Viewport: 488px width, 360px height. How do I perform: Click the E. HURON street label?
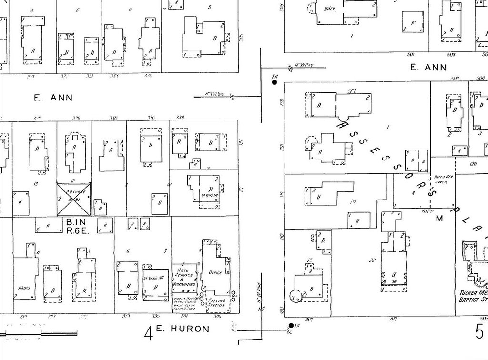point(183,329)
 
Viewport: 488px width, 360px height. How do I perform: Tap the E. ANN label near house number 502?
point(429,68)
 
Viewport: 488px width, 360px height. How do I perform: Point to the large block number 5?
point(479,331)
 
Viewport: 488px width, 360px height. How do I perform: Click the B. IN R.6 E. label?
point(76,226)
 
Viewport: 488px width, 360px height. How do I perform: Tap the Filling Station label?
point(217,303)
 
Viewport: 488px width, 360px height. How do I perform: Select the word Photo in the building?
point(23,288)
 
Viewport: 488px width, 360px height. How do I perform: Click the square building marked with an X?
point(74,199)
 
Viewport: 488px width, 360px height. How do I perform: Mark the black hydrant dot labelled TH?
point(274,82)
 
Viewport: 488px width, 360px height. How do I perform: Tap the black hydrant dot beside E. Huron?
point(290,326)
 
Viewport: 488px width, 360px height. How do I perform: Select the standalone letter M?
point(439,218)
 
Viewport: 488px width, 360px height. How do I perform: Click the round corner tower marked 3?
point(295,296)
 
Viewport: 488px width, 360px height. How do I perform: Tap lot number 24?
point(353,201)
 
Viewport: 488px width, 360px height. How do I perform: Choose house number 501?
point(411,54)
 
